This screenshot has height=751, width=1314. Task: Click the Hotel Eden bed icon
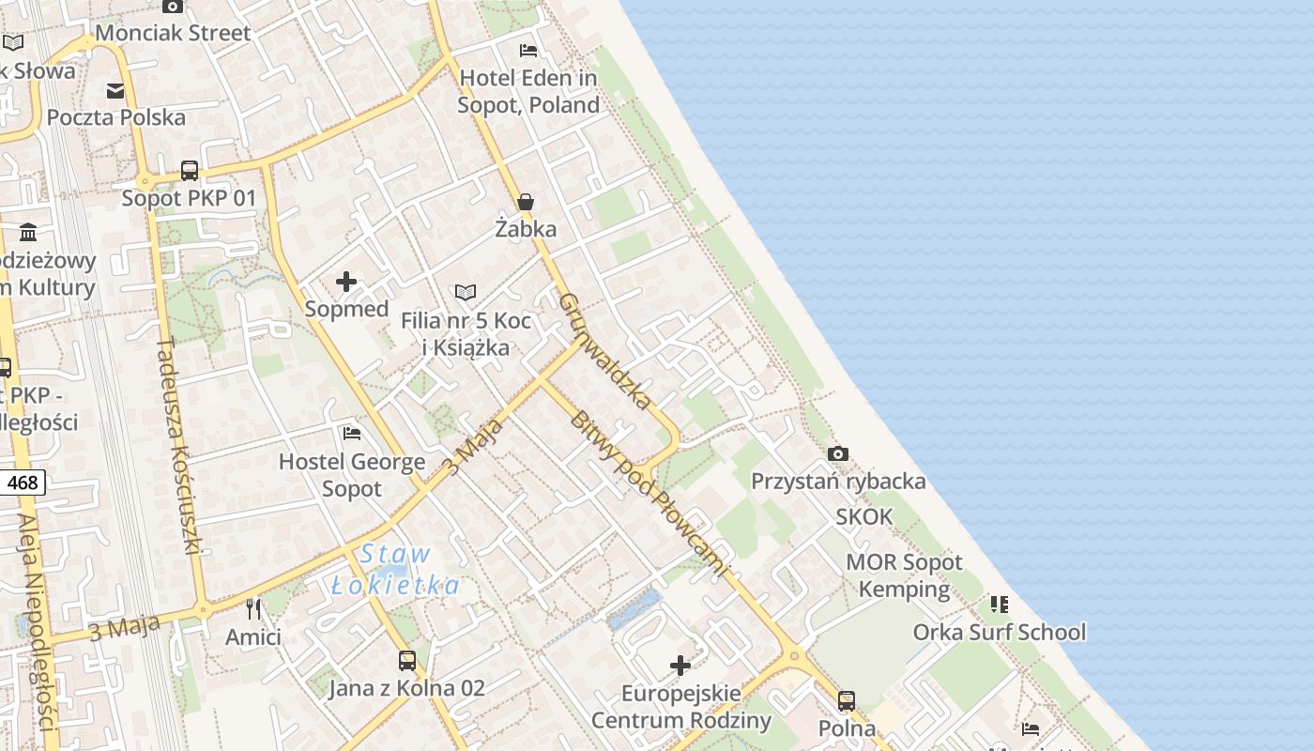coord(528,51)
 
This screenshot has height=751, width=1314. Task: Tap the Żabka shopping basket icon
coord(526,202)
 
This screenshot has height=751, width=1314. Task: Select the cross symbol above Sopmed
coord(346,282)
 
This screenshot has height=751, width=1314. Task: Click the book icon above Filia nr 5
coord(466,293)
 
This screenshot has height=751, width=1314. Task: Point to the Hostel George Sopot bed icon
coord(352,433)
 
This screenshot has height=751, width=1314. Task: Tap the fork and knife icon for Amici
coord(253,609)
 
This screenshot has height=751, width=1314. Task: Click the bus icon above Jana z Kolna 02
coord(406,660)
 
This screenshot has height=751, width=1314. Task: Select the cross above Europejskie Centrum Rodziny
coord(680,667)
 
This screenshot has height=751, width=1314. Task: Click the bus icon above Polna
coord(847,700)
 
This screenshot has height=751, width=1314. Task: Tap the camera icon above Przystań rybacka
coord(838,454)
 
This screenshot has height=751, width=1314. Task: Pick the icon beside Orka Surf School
coord(1000,604)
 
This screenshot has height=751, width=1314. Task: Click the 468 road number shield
coord(22,483)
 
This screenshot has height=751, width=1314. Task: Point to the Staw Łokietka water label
coord(395,570)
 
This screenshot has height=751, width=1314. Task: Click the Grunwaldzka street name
coord(605,351)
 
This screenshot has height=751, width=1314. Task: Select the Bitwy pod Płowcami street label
coord(648,492)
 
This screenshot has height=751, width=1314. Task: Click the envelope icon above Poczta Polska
coord(115,91)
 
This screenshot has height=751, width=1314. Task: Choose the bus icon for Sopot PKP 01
coord(190,171)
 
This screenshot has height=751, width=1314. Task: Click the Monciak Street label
coord(173,33)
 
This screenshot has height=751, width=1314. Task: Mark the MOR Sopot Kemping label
coord(904,575)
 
